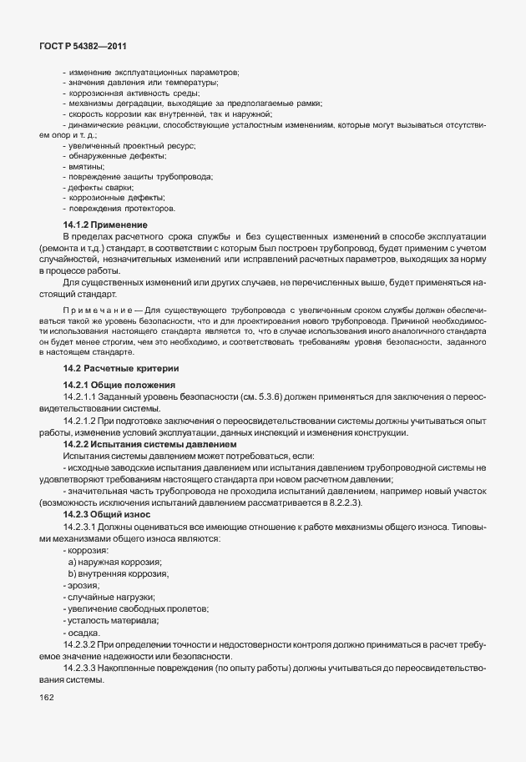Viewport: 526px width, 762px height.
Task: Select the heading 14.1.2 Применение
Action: click(x=105, y=225)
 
